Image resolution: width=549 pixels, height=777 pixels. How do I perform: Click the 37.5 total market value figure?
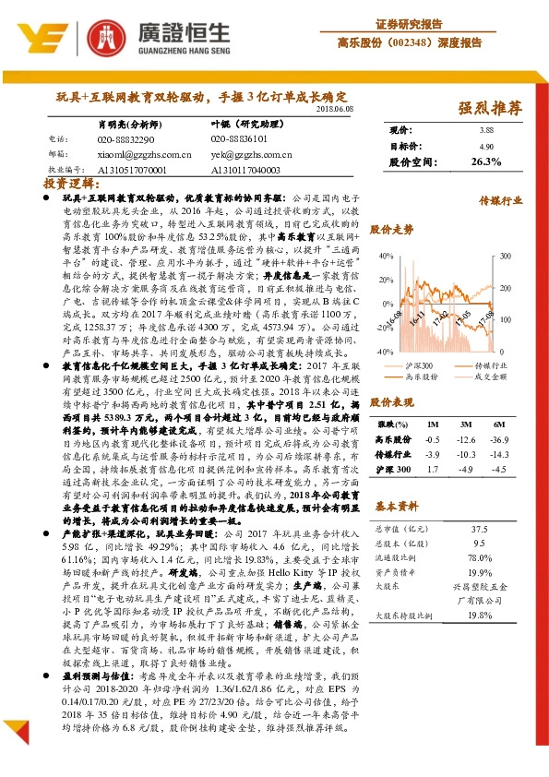479,529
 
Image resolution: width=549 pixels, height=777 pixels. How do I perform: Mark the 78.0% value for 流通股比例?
479,557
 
